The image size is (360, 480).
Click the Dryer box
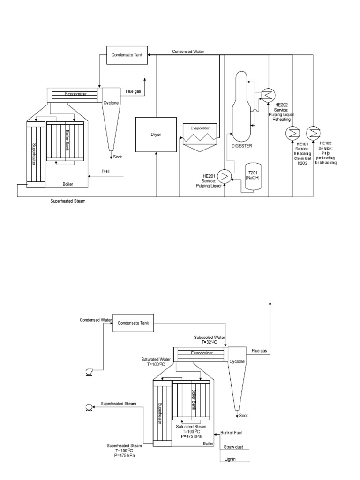[x=155, y=134]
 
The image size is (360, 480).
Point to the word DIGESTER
[x=242, y=146]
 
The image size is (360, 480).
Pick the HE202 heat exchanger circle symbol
[x=268, y=96]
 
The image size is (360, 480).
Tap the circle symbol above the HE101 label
[x=292, y=132]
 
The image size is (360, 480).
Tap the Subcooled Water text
[x=210, y=337]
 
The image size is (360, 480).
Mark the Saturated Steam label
[x=191, y=426]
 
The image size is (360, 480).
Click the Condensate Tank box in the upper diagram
[x=127, y=55]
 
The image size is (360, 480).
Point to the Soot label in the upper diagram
[x=117, y=157]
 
